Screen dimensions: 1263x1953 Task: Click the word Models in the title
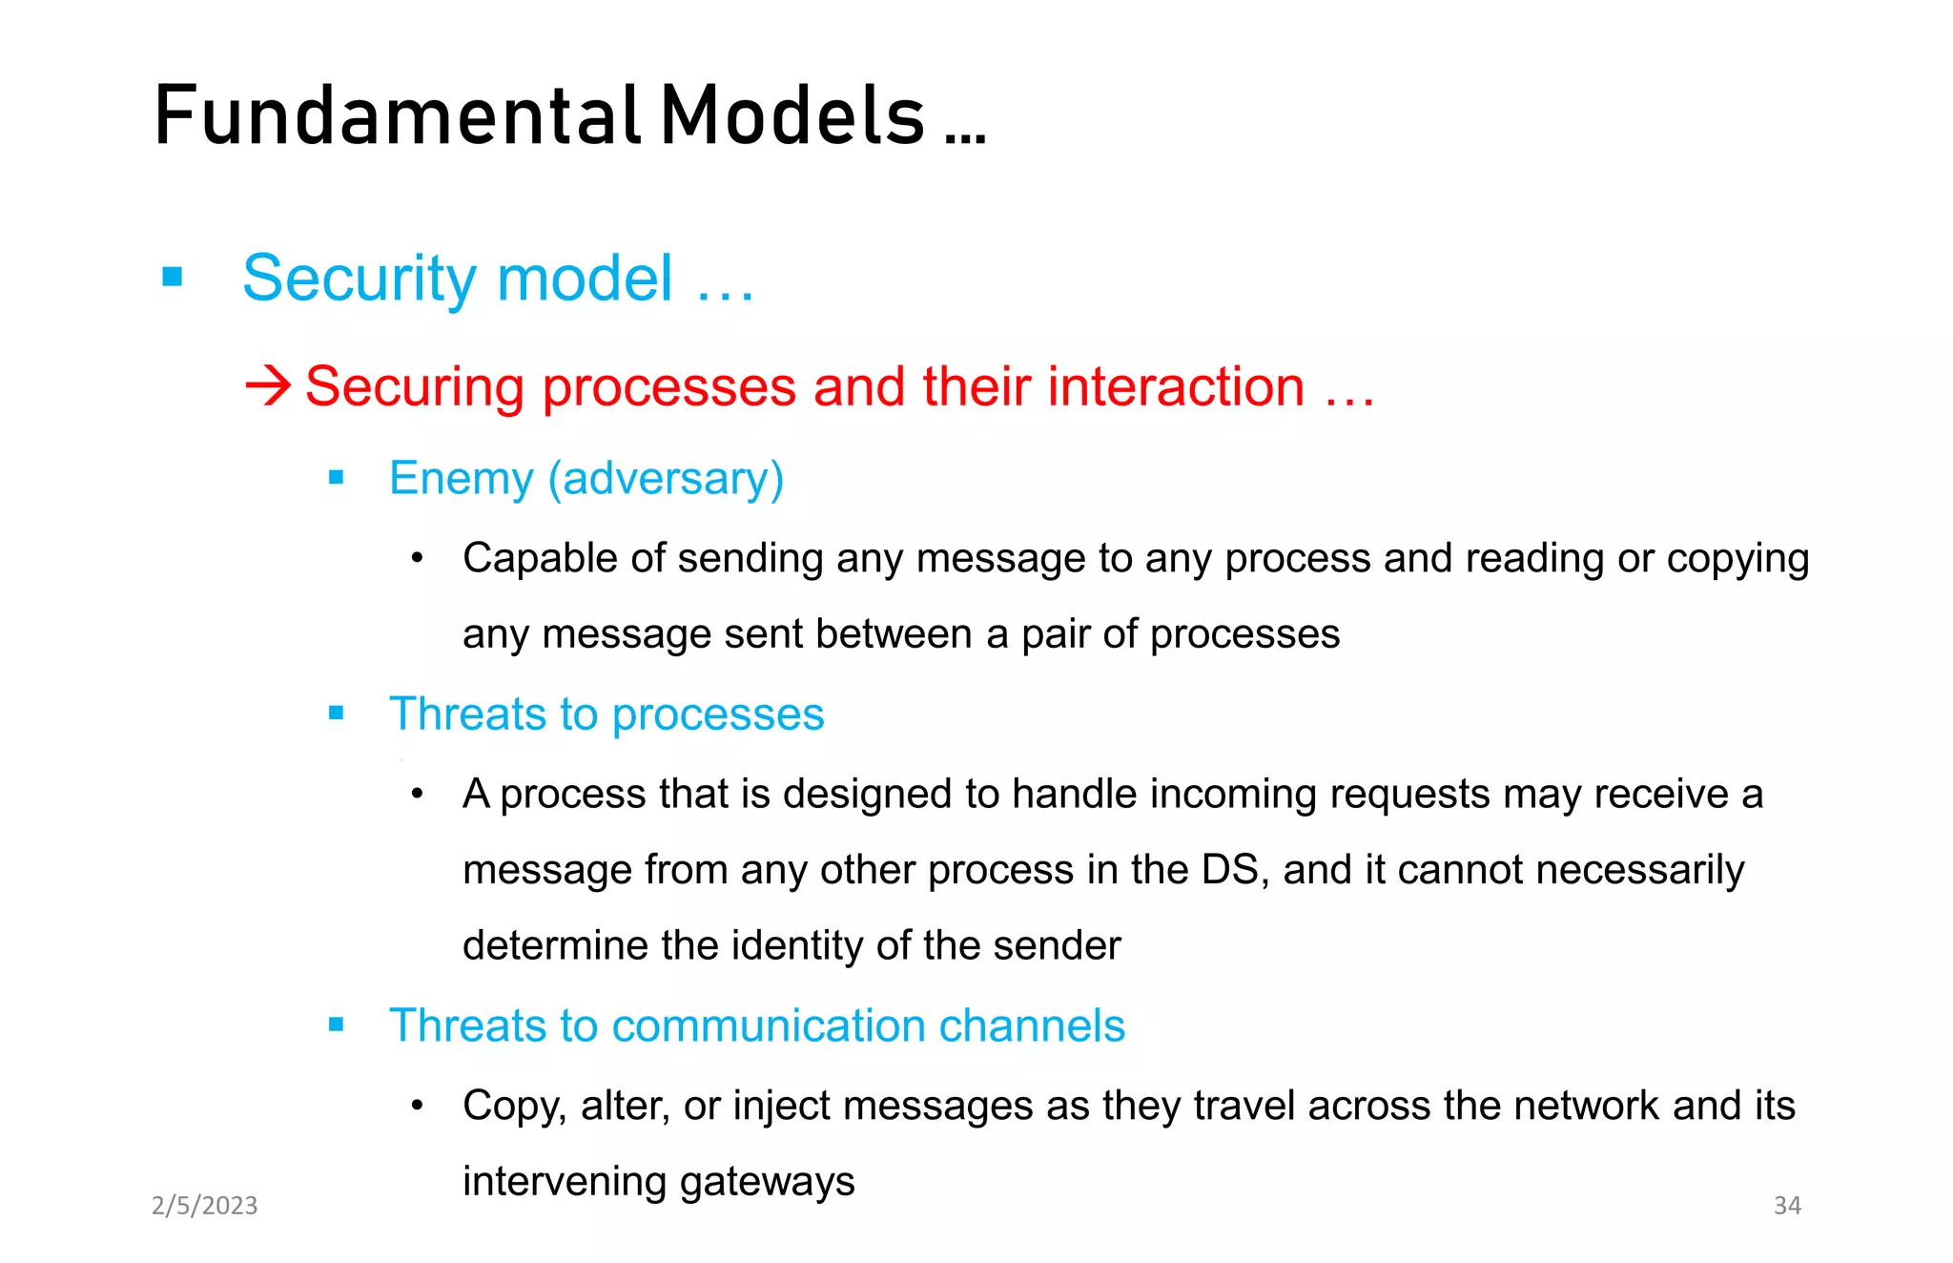tap(792, 115)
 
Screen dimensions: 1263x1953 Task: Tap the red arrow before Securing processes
tap(268, 386)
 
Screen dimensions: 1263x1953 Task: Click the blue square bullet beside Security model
tap(173, 278)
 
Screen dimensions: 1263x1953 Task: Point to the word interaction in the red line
tap(1176, 386)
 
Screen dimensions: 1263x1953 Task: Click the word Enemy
tap(461, 478)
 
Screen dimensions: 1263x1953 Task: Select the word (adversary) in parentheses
tap(666, 478)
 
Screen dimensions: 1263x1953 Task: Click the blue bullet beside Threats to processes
tap(336, 713)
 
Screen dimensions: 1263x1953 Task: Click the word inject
tap(781, 1107)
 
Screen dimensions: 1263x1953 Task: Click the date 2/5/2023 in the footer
tap(205, 1206)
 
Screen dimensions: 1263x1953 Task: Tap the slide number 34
tap(1786, 1206)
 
